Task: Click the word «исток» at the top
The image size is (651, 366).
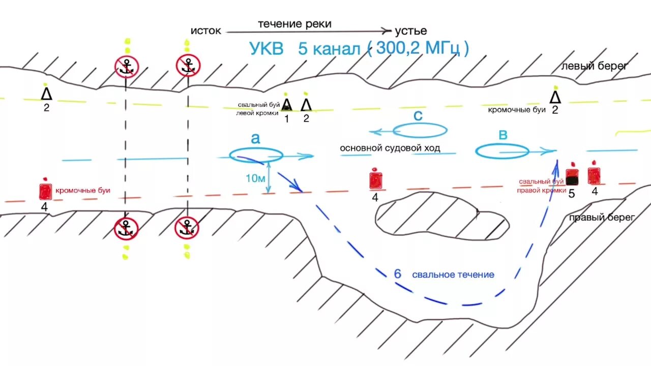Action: tap(206, 30)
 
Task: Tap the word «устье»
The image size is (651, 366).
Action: tap(411, 30)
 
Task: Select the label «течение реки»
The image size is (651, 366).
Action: tap(294, 23)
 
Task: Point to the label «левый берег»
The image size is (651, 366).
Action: tap(595, 66)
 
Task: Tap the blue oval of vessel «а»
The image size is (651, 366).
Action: tap(256, 155)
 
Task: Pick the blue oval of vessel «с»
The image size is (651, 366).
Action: tap(420, 130)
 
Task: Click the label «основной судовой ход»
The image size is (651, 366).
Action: tap(390, 148)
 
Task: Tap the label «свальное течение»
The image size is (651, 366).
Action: tap(453, 274)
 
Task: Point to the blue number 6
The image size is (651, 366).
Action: tap(398, 273)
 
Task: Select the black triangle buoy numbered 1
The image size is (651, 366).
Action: tap(287, 105)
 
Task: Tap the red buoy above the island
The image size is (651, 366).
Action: tap(375, 180)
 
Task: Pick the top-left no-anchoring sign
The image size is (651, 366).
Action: tap(127, 66)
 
